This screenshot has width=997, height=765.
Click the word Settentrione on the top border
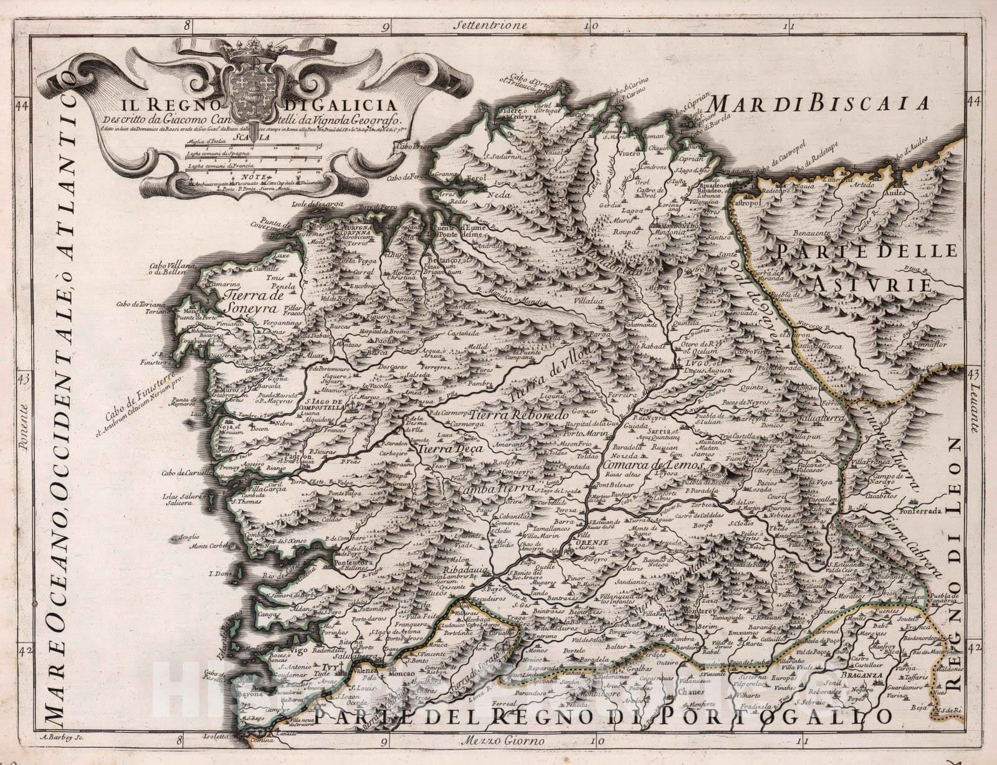click(x=491, y=26)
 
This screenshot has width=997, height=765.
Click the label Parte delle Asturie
click(x=866, y=267)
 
